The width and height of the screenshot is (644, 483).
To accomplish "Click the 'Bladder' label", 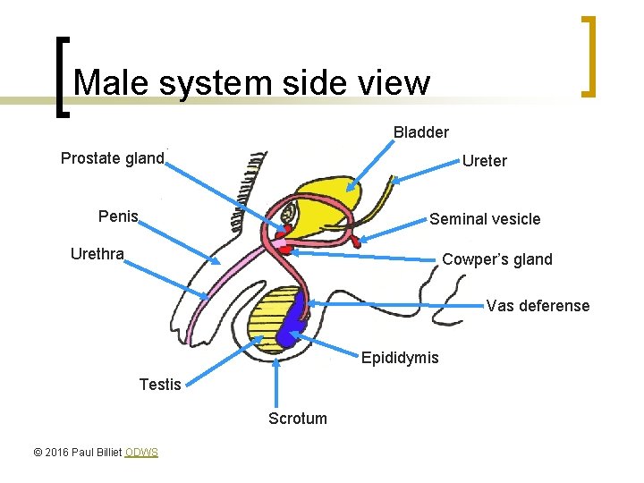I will pos(420,132).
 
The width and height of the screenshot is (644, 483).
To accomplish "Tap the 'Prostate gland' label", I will pos(113,159).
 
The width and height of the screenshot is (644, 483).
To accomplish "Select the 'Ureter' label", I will pos(484,161).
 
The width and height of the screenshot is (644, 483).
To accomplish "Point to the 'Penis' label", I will pos(118,216).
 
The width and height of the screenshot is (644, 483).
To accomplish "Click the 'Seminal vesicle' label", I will pos(485,219).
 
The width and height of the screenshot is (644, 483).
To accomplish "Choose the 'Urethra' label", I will pos(97,254).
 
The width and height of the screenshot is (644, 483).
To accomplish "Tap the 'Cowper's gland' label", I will pos(497,259).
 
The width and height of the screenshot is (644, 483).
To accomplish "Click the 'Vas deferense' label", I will pos(538,306).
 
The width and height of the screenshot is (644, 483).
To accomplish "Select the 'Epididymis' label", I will pos(400,358).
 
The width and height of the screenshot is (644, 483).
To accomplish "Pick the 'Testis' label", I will pos(160,385).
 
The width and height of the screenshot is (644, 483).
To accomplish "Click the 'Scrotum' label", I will pos(298,418).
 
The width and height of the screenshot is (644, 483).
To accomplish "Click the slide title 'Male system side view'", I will pos(252,83).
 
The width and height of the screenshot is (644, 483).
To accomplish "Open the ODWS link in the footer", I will pos(141,453).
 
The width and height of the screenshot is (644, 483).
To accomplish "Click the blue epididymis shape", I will pos(291,325).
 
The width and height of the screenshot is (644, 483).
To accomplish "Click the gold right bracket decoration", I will pos(589,55).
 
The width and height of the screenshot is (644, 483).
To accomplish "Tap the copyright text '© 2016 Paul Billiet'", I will pos(77,453).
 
